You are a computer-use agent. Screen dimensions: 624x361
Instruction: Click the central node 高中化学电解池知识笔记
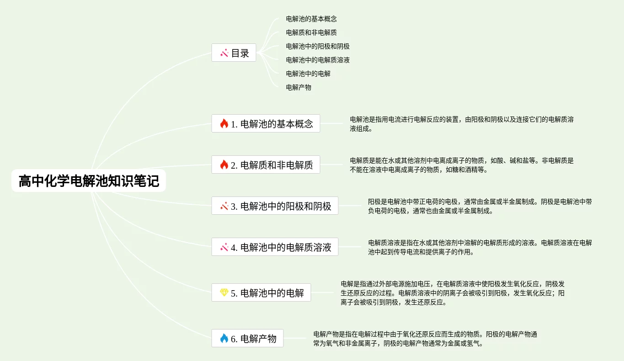(89, 181)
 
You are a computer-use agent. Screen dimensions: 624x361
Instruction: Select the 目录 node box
(234, 53)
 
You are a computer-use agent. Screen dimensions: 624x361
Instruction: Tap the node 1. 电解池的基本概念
(266, 124)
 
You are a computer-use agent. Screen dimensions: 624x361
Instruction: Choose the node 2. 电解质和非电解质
(266, 165)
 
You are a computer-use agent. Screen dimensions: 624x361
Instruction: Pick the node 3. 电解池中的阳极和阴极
(275, 206)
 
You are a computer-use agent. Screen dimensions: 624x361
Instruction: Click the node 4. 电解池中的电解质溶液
(275, 247)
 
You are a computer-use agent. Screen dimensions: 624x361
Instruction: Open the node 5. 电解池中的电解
(261, 293)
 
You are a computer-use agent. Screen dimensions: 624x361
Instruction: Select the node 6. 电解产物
(247, 339)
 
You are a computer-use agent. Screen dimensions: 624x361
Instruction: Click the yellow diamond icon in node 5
(224, 292)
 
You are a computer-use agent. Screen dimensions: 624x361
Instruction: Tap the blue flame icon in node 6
(224, 338)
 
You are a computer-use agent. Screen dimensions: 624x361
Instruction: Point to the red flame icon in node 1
(224, 123)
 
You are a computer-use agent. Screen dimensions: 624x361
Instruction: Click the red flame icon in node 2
(224, 165)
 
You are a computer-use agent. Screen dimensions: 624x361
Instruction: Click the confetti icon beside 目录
(224, 53)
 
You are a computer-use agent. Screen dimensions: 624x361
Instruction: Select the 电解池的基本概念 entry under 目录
(311, 19)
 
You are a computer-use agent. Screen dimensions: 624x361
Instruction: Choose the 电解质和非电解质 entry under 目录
(311, 32)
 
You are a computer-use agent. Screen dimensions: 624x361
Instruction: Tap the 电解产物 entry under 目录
(299, 87)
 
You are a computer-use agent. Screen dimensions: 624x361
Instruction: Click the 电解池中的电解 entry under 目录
(308, 73)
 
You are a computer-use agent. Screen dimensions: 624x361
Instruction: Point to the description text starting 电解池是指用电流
(461, 124)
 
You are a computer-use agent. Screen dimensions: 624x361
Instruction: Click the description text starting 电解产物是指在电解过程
(425, 339)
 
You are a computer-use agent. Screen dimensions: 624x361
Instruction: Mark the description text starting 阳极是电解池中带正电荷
(480, 206)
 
